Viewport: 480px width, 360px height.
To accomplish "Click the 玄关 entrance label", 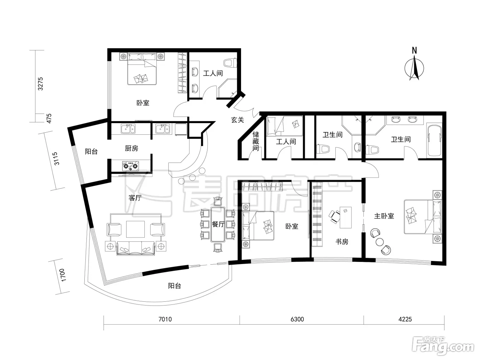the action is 238,120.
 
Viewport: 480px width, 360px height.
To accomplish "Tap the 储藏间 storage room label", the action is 256,141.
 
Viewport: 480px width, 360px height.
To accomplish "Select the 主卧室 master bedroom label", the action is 384,216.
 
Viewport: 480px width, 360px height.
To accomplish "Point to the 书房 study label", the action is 342,241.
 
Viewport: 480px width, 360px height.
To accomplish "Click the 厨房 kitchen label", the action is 131,148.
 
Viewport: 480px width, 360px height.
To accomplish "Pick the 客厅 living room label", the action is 135,198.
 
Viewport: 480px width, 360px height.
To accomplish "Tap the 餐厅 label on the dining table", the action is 218,224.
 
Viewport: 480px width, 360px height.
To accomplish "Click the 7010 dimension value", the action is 165,319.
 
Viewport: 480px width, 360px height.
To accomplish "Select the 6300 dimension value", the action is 297,319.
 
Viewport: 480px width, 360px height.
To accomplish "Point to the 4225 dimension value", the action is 405,319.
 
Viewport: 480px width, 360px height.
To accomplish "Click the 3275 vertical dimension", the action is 40,84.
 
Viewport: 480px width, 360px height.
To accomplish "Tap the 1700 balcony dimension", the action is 63,275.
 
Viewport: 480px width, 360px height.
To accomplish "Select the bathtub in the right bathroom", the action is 434,141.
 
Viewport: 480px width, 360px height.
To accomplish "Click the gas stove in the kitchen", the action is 131,166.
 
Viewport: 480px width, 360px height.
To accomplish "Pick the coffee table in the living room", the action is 135,229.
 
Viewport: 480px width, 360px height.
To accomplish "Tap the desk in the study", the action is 346,217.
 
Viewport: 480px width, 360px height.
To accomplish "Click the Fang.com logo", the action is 443,347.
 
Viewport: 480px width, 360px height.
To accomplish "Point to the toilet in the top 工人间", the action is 230,63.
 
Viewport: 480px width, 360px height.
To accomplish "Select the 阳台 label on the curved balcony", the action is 174,286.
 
